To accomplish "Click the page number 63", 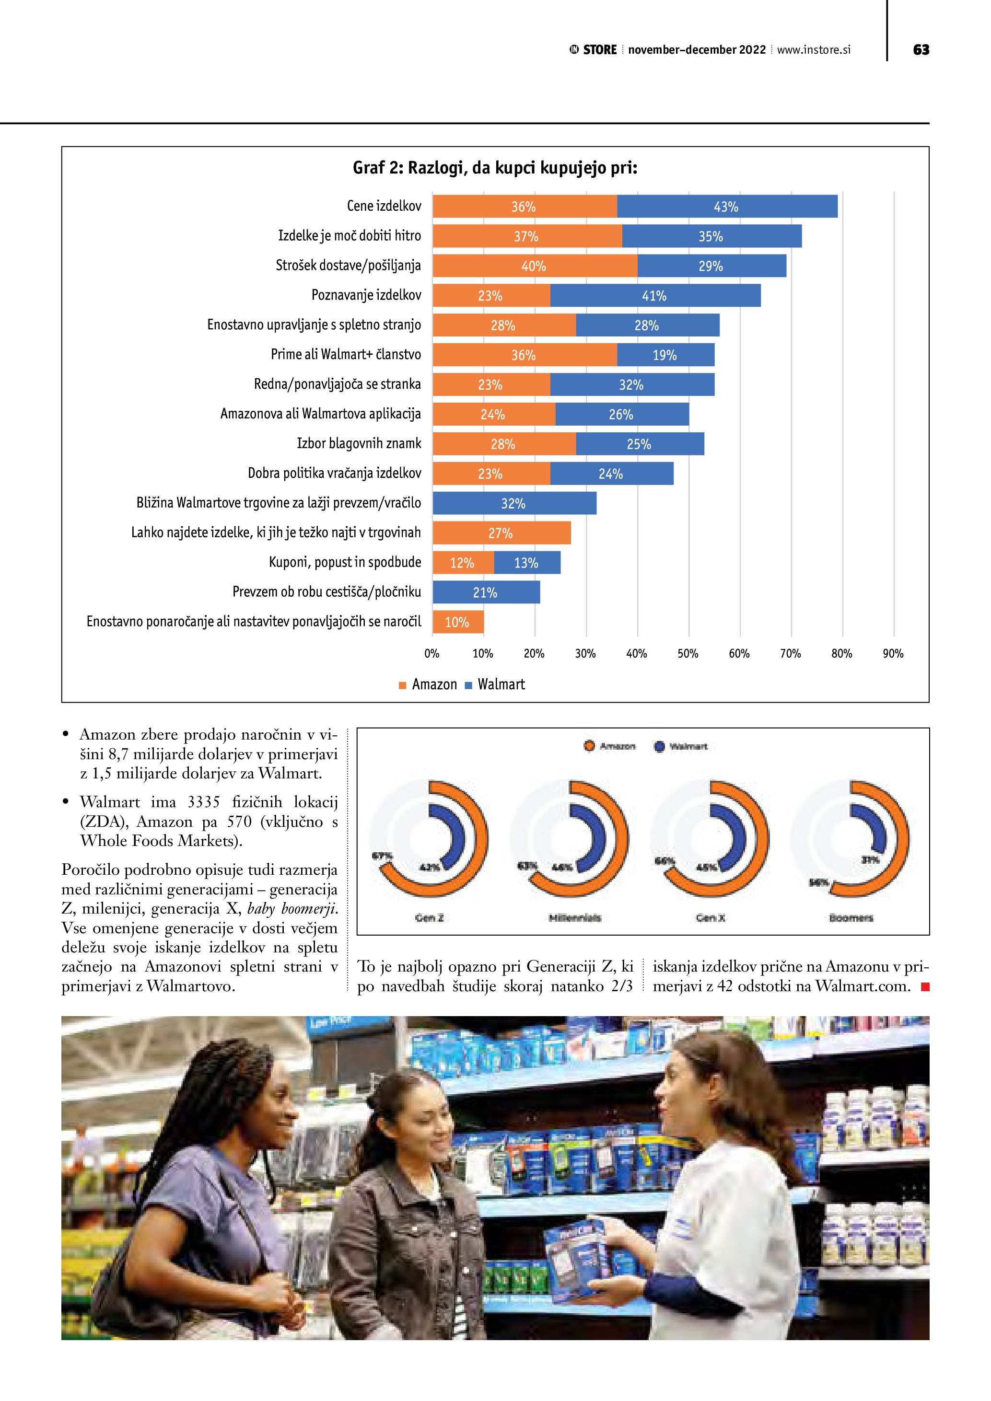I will [x=921, y=50].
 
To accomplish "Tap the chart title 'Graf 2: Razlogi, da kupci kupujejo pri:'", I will [x=495, y=168].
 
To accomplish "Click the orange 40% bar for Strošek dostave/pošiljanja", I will [x=535, y=266].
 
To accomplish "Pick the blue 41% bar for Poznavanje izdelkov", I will [x=655, y=296].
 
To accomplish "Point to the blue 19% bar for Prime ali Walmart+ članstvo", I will [x=665, y=355].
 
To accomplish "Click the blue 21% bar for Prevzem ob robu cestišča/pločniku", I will [x=486, y=592].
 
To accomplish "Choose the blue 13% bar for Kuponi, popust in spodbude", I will [x=526, y=563].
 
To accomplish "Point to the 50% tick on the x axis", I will [x=688, y=653].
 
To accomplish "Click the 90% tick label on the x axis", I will [x=893, y=653].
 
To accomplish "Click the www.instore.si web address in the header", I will [x=814, y=50].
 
